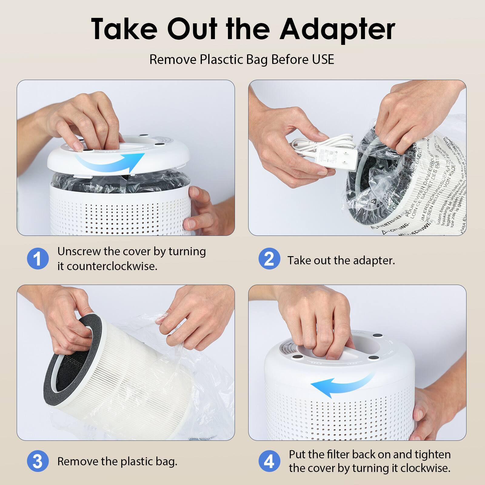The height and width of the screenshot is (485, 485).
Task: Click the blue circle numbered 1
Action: (38, 259)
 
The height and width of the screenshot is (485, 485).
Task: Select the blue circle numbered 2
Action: (269, 259)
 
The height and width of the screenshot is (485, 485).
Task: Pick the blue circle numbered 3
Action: (38, 461)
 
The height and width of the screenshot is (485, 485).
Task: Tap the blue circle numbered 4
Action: (269, 461)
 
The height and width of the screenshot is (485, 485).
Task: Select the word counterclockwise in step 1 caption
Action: (112, 266)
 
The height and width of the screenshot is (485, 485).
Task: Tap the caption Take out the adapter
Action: (341, 260)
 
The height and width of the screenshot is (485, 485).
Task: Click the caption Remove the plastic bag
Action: (117, 461)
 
